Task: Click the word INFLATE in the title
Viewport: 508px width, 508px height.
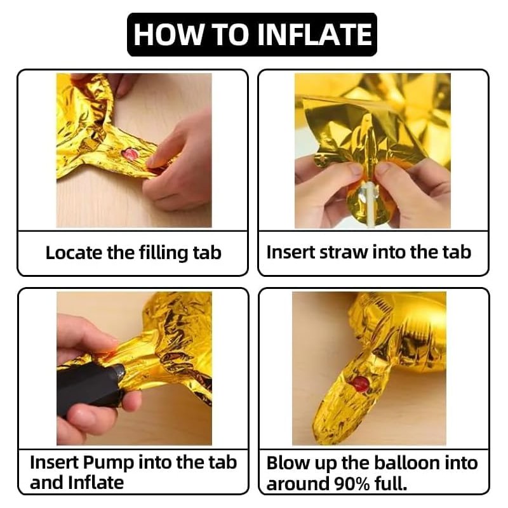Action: point(314,34)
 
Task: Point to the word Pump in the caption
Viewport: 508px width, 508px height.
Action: point(108,464)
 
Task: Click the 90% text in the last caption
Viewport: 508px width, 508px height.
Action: point(352,484)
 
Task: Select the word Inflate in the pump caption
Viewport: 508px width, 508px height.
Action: point(97,483)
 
